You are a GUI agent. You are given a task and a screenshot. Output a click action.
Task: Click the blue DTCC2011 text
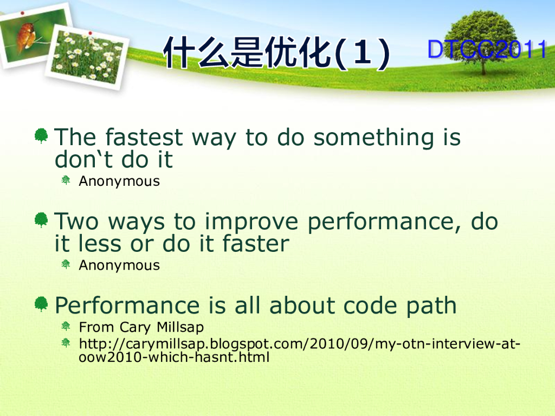click(487, 49)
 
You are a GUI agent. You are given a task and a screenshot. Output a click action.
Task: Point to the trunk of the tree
click(483, 65)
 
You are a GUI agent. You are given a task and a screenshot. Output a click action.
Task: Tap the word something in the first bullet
click(373, 138)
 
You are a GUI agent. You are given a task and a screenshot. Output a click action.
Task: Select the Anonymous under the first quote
click(119, 181)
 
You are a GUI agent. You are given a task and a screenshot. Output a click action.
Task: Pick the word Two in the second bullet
click(76, 221)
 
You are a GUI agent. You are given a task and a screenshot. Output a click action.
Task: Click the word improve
click(251, 222)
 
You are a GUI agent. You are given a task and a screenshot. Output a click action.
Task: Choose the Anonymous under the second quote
click(119, 265)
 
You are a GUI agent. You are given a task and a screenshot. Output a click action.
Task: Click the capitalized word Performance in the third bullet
click(127, 305)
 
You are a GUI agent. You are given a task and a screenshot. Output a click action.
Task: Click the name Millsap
click(180, 327)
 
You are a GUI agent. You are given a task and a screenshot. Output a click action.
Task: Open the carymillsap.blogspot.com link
click(299, 350)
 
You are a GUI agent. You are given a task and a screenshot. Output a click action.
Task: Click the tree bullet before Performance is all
click(41, 303)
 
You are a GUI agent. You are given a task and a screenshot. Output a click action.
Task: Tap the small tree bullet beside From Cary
click(66, 326)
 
